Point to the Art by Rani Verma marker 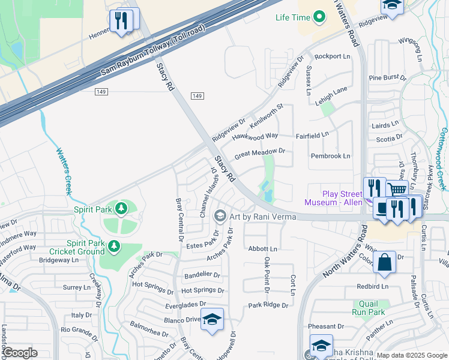click(220, 215)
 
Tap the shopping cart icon click(397, 189)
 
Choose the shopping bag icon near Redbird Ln click(384, 262)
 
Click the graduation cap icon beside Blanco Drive click(211, 319)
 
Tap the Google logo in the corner click(20, 353)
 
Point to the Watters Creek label click(63, 171)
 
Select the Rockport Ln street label click(332, 56)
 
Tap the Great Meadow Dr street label click(259, 154)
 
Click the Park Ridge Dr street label click(268, 305)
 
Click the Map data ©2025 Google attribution click(412, 355)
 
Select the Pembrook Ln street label click(330, 156)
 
